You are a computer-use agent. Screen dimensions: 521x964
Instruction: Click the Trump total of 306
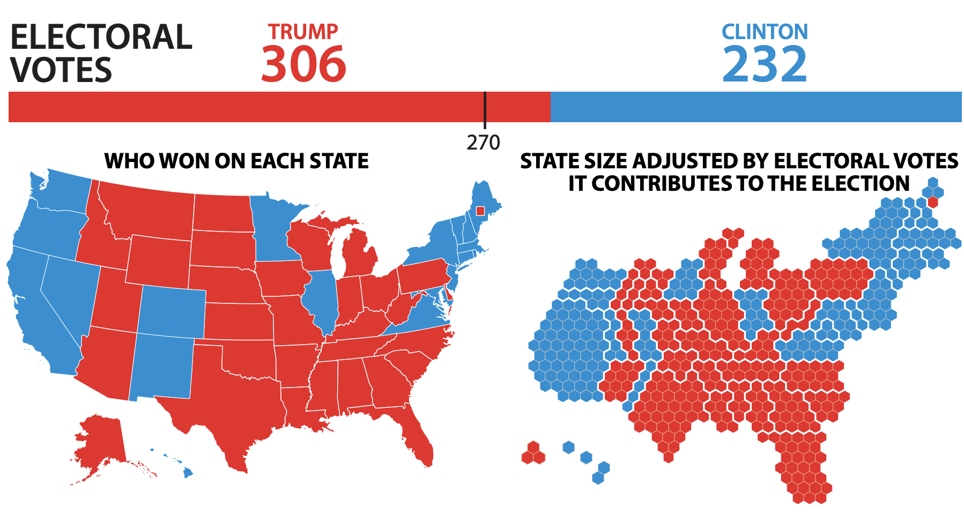click(x=303, y=64)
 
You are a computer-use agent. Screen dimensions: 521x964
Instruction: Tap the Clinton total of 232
click(x=764, y=64)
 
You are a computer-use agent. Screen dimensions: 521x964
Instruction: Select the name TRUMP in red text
click(x=303, y=32)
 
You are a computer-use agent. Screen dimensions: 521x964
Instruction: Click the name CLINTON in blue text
click(x=765, y=32)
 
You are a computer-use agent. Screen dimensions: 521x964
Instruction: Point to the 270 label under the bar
click(x=483, y=143)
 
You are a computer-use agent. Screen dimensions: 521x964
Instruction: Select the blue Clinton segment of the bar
click(x=756, y=107)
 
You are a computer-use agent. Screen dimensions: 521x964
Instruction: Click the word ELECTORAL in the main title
click(x=101, y=38)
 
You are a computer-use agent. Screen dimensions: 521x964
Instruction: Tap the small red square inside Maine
click(x=480, y=211)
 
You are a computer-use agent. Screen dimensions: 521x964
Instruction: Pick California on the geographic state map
click(x=38, y=311)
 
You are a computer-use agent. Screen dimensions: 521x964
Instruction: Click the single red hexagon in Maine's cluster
click(x=933, y=202)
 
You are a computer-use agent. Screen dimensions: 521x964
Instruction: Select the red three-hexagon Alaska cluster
click(x=533, y=453)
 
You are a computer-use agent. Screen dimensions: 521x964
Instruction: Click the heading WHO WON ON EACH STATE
click(x=236, y=161)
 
